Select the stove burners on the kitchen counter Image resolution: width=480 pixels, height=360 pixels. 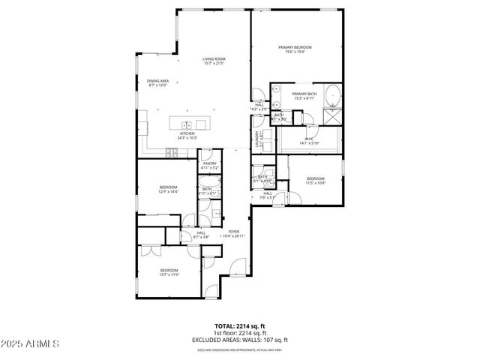pyautogui.click(x=172, y=152)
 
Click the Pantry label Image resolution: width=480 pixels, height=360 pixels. pyautogui.click(x=210, y=165)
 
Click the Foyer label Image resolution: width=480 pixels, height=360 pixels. pyautogui.click(x=234, y=233)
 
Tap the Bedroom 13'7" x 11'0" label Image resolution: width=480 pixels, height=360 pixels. pyautogui.click(x=169, y=271)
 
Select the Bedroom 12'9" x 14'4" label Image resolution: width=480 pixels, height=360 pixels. pyautogui.click(x=168, y=189)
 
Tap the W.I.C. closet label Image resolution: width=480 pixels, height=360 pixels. pyautogui.click(x=309, y=140)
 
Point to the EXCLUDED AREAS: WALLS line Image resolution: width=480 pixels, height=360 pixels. pyautogui.click(x=239, y=340)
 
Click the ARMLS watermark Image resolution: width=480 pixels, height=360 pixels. pyautogui.click(x=30, y=344)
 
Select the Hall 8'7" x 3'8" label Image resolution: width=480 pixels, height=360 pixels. pyautogui.click(x=201, y=235)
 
